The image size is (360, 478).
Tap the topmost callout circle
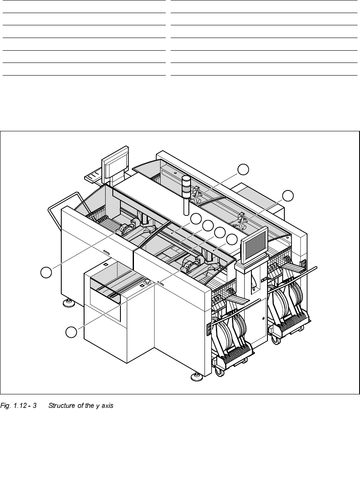click(243, 169)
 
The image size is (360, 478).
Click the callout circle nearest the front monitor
click(232, 239)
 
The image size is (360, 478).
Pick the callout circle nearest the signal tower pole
click(195, 219)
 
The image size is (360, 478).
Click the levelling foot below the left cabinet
click(68, 302)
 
